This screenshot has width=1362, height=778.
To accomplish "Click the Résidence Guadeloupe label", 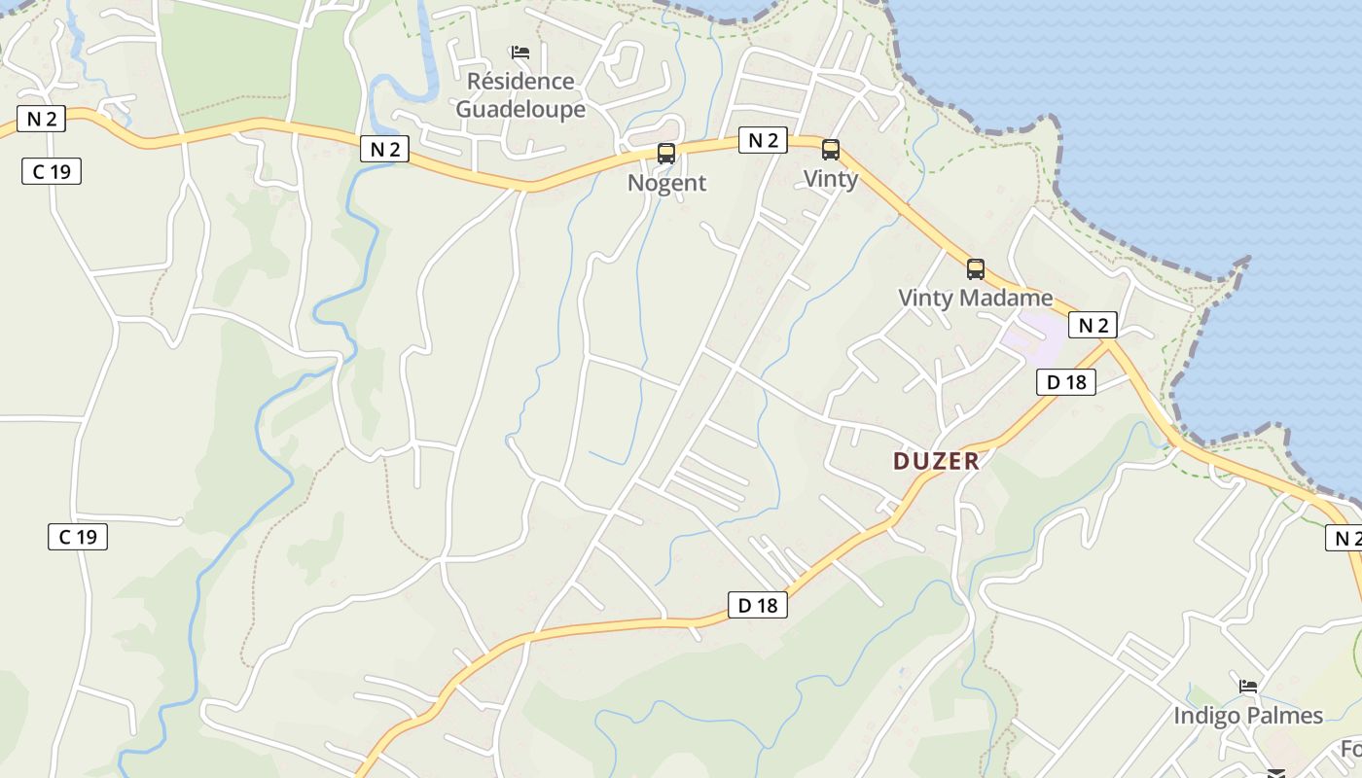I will (x=520, y=94).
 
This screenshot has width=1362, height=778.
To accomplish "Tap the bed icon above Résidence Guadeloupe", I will (x=520, y=53).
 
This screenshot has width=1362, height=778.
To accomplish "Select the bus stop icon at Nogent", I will (x=666, y=153).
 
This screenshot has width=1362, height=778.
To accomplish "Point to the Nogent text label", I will (x=666, y=183).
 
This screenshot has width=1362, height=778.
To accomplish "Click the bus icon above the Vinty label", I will (x=831, y=150).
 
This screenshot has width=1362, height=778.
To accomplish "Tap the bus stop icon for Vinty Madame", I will (x=976, y=269).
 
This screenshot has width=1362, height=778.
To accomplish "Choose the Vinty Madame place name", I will (x=975, y=298).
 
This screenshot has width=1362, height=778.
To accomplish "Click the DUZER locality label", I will (x=936, y=461).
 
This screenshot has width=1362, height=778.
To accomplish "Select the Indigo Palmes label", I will (x=1247, y=716).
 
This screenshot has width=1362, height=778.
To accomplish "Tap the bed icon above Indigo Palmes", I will (x=1248, y=687).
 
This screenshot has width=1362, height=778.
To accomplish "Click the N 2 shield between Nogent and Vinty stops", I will (x=763, y=140).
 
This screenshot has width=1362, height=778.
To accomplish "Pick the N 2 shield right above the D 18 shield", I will (x=1093, y=325).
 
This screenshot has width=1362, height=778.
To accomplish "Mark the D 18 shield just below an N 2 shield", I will (x=1066, y=382).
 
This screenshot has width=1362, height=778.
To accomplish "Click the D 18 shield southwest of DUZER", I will (x=758, y=605).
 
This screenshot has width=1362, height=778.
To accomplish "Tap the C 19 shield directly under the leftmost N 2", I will (x=52, y=172).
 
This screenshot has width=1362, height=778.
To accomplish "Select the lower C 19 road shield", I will (x=78, y=536).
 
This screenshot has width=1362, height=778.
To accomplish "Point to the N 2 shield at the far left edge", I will (x=41, y=120).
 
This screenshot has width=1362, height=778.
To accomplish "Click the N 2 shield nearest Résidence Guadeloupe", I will (x=384, y=149).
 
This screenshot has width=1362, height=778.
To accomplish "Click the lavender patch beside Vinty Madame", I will (x=1034, y=336).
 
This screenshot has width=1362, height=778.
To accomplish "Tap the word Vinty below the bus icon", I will (x=831, y=179).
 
